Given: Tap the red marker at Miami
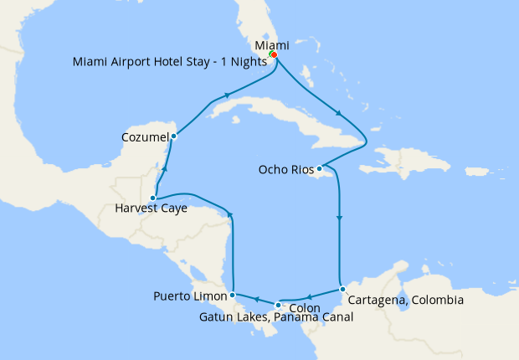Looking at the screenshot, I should (274, 55).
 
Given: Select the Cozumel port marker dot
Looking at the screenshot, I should (173, 136).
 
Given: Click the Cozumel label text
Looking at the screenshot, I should (145, 136).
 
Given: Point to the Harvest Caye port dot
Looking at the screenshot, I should (152, 198).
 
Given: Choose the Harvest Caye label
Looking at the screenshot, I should (151, 209).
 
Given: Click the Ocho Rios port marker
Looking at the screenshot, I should (319, 168).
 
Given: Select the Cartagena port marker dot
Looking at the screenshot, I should (342, 289).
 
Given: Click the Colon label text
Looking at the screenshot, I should (291, 308).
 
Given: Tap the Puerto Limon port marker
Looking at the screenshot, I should (232, 295).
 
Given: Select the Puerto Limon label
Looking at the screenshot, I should (191, 296).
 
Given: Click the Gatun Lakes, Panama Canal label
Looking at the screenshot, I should (276, 317).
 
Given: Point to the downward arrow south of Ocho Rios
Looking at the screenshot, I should (339, 219).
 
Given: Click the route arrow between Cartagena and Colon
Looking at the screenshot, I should (309, 296).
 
